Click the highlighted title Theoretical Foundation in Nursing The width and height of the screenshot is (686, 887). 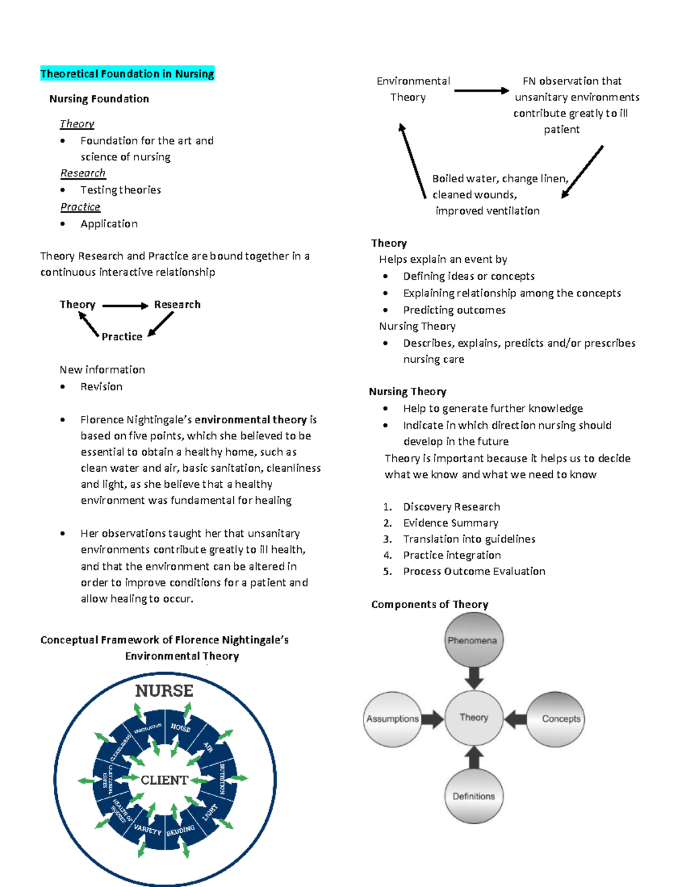[127, 74]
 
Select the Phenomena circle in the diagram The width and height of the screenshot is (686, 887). [473, 640]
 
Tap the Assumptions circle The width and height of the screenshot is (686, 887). [392, 719]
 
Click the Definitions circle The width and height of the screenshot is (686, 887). [473, 796]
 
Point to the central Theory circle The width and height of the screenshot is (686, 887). [473, 717]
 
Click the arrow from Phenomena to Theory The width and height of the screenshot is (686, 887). [473, 678]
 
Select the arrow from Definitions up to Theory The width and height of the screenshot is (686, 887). [473, 757]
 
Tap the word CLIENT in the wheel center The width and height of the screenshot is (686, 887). [164, 780]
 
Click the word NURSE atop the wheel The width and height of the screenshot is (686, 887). [164, 691]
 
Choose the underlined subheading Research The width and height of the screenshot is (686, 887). [83, 173]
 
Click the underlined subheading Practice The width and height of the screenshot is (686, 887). [80, 207]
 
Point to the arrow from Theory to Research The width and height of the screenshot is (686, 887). [125, 306]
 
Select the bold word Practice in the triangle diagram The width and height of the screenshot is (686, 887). [122, 337]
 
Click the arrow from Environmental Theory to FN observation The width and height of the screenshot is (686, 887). [481, 90]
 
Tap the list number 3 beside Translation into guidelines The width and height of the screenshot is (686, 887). [387, 539]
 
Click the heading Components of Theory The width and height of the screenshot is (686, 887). [429, 604]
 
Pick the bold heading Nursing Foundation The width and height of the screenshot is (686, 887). [99, 99]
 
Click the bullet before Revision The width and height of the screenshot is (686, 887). [62, 387]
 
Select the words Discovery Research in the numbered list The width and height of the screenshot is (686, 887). [451, 507]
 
